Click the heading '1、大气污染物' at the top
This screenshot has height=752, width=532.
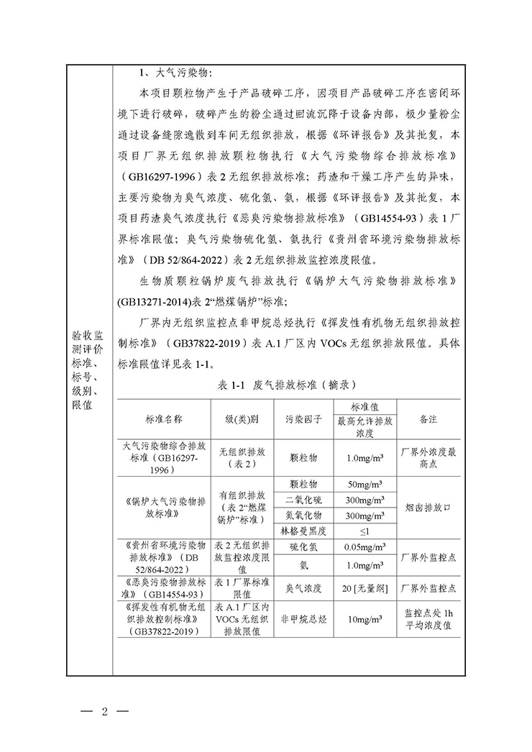coord(176,74)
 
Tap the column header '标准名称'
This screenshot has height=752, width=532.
coord(163,418)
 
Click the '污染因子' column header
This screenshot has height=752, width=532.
coord(303,418)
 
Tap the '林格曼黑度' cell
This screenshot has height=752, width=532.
coord(303,531)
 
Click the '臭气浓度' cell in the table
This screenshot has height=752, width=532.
coord(303,588)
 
